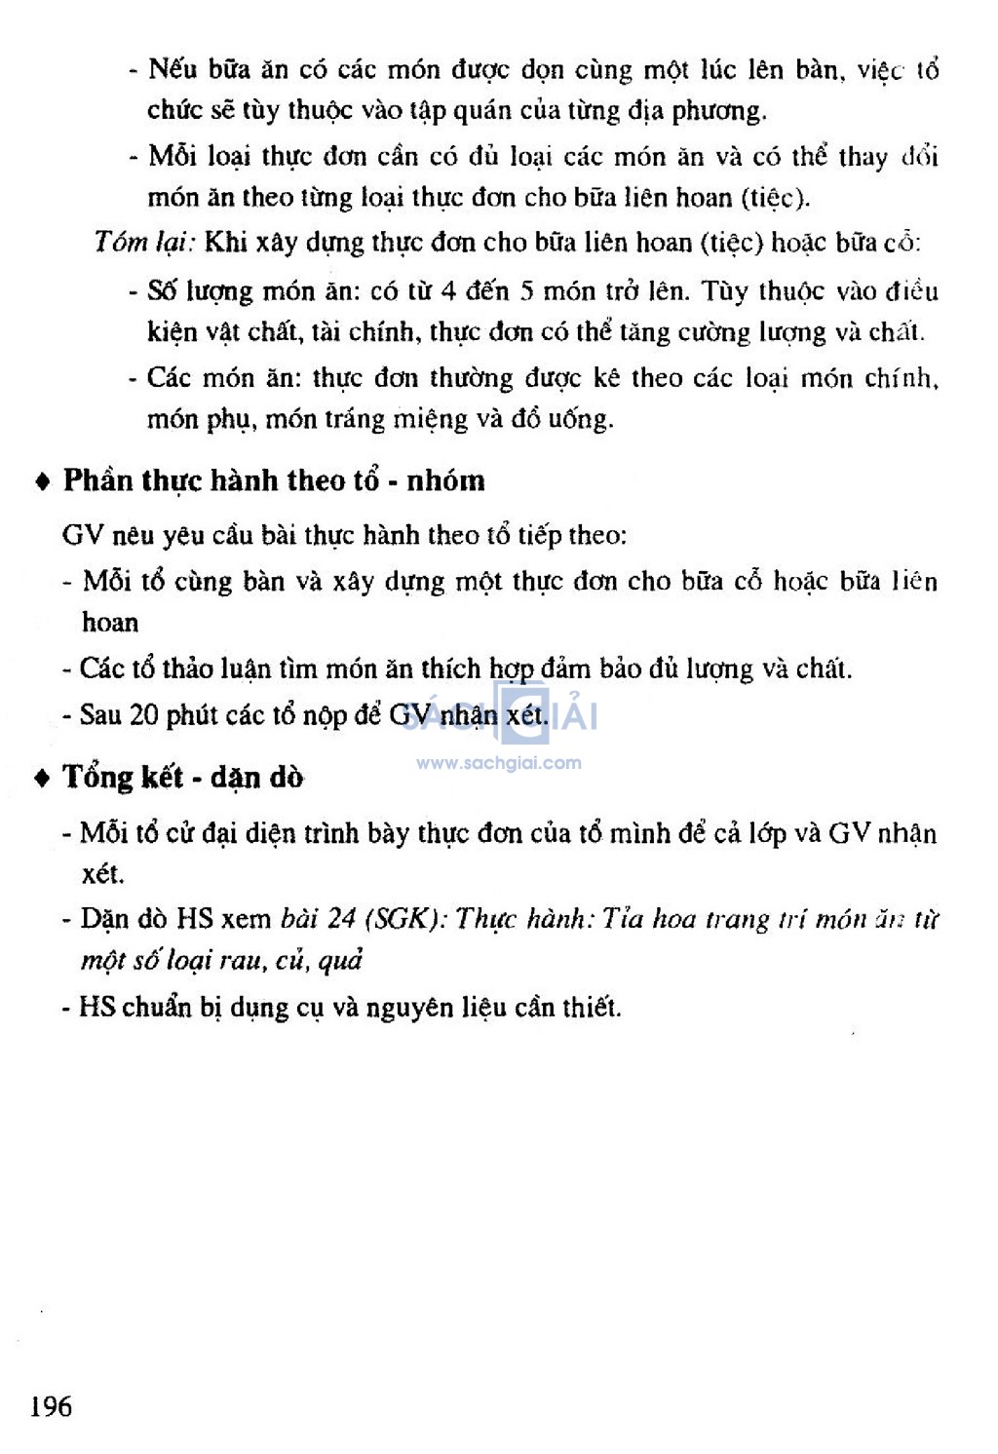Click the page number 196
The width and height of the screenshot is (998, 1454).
coord(51,1406)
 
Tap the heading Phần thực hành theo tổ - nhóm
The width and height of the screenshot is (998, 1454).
coord(274,480)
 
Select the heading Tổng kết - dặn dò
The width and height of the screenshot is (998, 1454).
coord(183,777)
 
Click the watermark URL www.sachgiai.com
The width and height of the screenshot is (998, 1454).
coord(499,763)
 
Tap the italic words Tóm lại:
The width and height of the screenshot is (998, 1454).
coord(145,242)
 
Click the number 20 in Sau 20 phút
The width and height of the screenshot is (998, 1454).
coord(144,715)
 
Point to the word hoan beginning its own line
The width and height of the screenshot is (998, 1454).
coord(110,623)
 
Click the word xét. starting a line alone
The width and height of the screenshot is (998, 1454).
coord(103,873)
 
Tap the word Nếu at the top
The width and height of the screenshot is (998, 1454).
coord(173,69)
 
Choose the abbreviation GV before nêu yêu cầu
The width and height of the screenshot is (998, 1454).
coord(82,535)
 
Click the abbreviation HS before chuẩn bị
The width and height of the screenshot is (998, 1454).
coord(96,1007)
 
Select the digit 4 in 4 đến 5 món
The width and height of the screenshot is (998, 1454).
coord(448,291)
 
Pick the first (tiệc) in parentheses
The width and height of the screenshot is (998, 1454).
coord(775,198)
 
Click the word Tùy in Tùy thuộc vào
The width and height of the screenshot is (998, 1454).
coord(724,291)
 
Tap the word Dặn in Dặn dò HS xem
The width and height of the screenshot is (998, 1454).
coord(104,919)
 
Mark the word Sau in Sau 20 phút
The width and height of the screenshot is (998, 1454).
coord(100,715)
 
